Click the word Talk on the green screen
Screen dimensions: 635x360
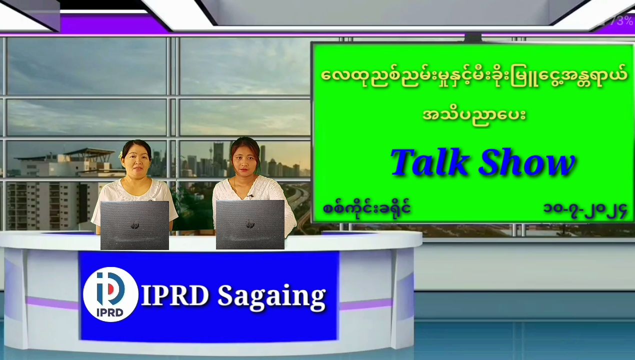coord(429,162)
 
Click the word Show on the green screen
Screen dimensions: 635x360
coord(527,162)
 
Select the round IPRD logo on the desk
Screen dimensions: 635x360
coord(110,294)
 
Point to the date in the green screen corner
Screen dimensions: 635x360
coord(585,210)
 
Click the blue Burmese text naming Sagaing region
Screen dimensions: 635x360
coord(366,208)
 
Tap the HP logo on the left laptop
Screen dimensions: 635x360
coord(135,225)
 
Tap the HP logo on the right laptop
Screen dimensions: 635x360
coord(250,224)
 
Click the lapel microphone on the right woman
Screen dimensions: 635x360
coord(250,196)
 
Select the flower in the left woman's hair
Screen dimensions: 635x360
coord(121,155)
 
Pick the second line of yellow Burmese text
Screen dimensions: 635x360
coord(474,115)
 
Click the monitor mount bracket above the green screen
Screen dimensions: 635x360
coord(473,37)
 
